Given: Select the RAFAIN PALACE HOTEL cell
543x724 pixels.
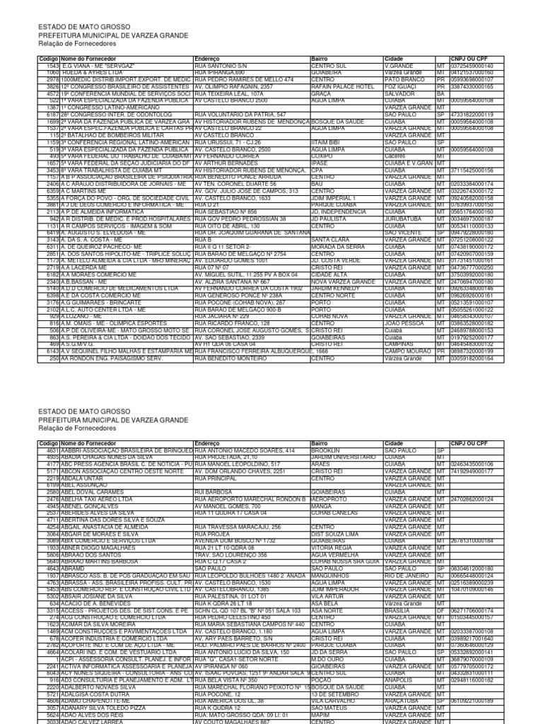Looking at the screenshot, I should click(x=343, y=87).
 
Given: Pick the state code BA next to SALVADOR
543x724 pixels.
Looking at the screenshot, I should click(x=440, y=93).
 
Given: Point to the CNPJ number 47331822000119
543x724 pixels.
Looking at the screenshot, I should click(x=472, y=114).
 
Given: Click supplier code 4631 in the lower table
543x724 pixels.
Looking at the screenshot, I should click(x=52, y=450).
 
